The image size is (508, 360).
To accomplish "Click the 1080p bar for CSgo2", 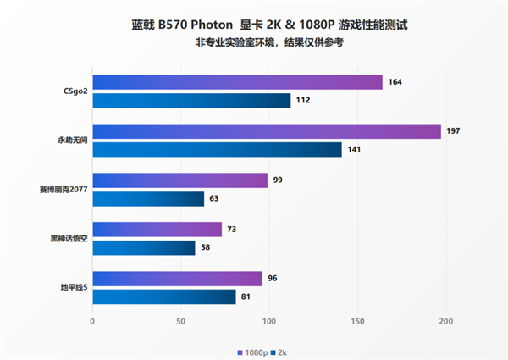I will (x=237, y=82).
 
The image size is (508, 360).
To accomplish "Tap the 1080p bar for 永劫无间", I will (x=267, y=131).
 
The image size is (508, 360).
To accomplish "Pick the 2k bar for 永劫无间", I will (x=217, y=150).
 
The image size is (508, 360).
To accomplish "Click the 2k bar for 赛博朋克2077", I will (x=148, y=200).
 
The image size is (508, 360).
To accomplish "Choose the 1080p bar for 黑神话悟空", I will (x=157, y=230).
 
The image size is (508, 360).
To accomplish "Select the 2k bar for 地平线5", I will (x=164, y=297).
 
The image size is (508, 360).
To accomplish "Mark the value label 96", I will (x=273, y=279).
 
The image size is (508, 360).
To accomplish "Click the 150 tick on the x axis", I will (x=358, y=322).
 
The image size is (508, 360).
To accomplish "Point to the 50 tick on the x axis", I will (x=180, y=322).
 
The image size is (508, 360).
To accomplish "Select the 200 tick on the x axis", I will (x=446, y=322).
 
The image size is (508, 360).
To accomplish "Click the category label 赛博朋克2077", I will (x=62, y=190).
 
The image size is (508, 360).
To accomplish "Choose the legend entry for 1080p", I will (x=254, y=351).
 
